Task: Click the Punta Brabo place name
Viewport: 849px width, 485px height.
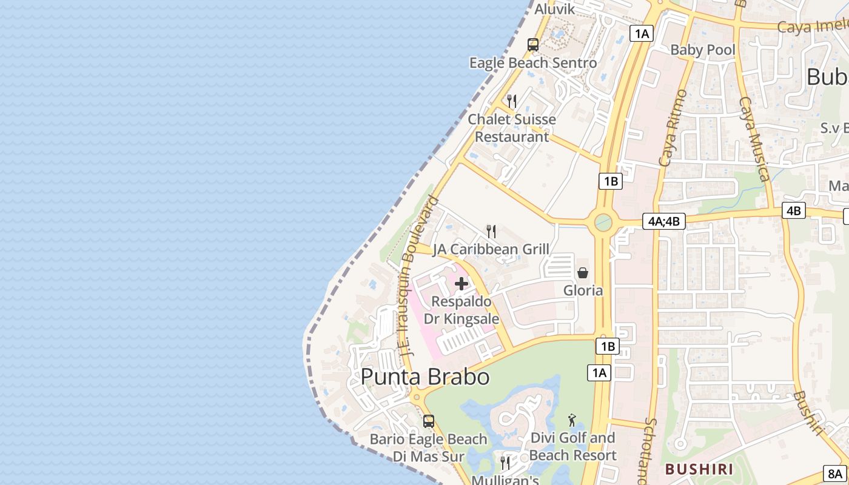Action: pyautogui.click(x=425, y=376)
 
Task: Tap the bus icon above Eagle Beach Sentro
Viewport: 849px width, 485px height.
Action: pyautogui.click(x=532, y=45)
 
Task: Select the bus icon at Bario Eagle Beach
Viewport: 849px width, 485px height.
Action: pyautogui.click(x=429, y=421)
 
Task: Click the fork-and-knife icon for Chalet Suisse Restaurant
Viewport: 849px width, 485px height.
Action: pyautogui.click(x=512, y=101)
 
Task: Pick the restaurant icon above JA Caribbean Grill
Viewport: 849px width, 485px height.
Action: pyautogui.click(x=491, y=231)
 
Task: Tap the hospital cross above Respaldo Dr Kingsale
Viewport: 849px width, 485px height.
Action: pyautogui.click(x=461, y=283)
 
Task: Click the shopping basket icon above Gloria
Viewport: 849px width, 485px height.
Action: pyautogui.click(x=583, y=273)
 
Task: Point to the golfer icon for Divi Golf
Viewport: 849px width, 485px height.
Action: pyautogui.click(x=572, y=420)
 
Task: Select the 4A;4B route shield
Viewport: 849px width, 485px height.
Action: pyautogui.click(x=664, y=221)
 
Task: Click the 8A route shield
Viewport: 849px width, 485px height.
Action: pyautogui.click(x=835, y=473)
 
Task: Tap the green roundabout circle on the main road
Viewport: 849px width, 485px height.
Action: pyautogui.click(x=603, y=222)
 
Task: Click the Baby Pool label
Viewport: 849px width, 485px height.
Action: pyautogui.click(x=702, y=50)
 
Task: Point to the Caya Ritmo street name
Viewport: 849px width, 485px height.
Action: pyautogui.click(x=673, y=129)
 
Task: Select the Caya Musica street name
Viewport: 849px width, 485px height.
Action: pyautogui.click(x=754, y=139)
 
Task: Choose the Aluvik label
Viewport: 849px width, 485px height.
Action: pyautogui.click(x=554, y=9)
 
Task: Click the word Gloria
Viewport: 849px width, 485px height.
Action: pyautogui.click(x=583, y=290)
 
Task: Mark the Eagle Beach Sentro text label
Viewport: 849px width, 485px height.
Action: pyautogui.click(x=533, y=62)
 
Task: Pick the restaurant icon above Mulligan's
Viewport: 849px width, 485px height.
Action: pyautogui.click(x=505, y=463)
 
